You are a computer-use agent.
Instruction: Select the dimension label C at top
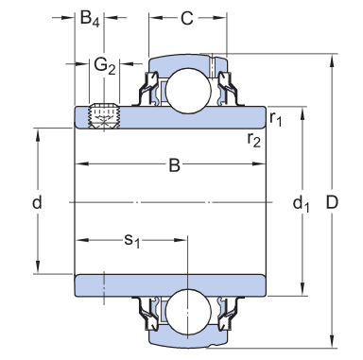(187, 18)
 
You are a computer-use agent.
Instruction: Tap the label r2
(254, 140)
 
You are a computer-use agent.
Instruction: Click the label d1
(302, 202)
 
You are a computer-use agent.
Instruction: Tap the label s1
(133, 241)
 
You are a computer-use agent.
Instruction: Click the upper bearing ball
(185, 92)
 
